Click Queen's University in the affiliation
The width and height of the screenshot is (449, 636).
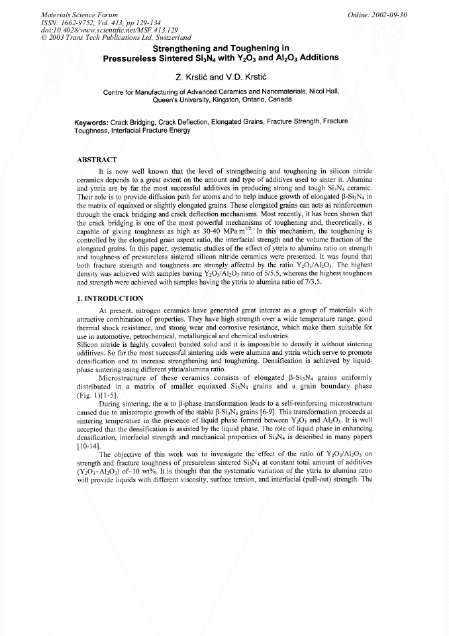[x=179, y=101]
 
